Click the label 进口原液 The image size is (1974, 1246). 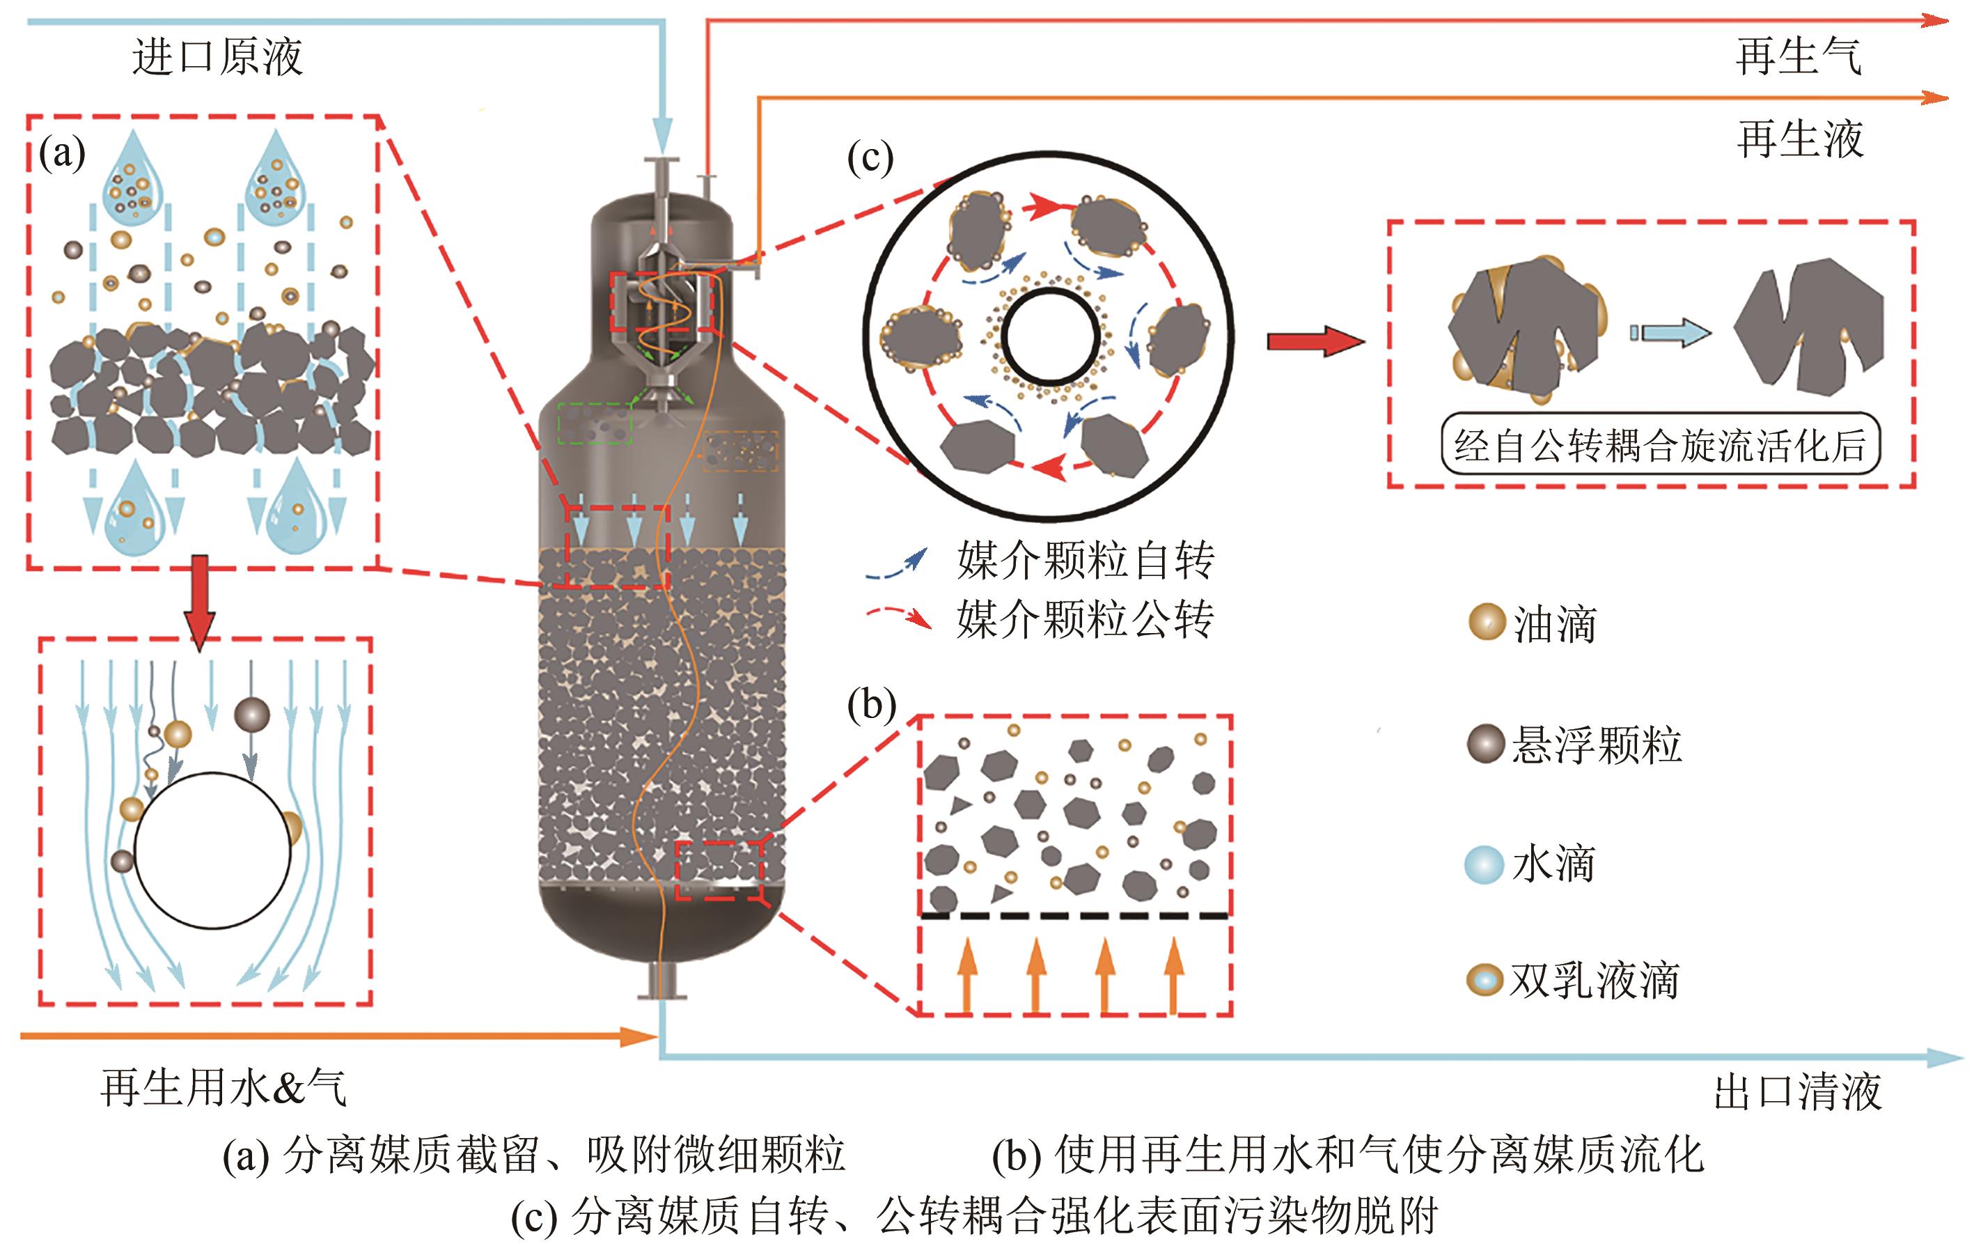pyautogui.click(x=217, y=56)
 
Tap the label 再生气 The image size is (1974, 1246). pyautogui.click(x=1798, y=56)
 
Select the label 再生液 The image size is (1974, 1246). pyautogui.click(x=1799, y=139)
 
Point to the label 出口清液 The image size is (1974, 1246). pyautogui.click(x=1797, y=1091)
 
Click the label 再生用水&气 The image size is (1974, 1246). pyautogui.click(x=224, y=1088)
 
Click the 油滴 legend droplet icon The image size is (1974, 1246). pyautogui.click(x=1486, y=622)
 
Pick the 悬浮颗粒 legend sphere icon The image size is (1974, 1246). pyautogui.click(x=1485, y=744)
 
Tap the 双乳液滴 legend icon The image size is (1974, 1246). pyautogui.click(x=1484, y=979)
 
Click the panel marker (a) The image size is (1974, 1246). pyautogui.click(x=62, y=153)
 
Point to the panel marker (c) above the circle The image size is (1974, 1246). pyautogui.click(x=870, y=157)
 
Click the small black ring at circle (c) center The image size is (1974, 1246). pyautogui.click(x=1050, y=338)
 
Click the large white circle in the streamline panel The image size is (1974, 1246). pyautogui.click(x=212, y=850)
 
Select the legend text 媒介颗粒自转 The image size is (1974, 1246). pyautogui.click(x=1085, y=561)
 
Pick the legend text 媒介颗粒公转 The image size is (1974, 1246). pyautogui.click(x=1085, y=619)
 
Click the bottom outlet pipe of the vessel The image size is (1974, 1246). pyautogui.click(x=661, y=981)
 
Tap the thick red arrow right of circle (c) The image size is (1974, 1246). pyautogui.click(x=1315, y=341)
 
